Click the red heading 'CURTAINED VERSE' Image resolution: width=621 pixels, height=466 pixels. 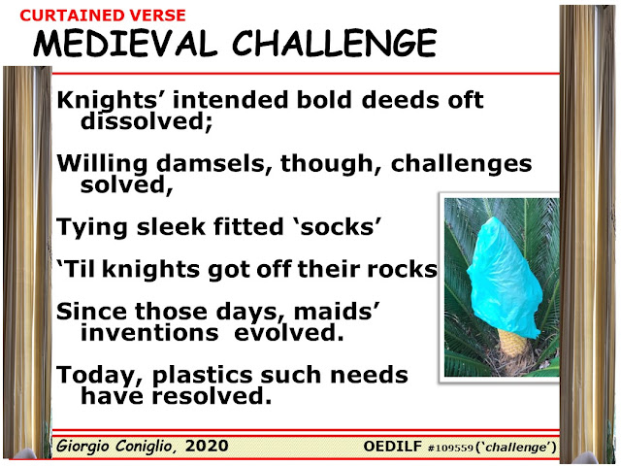[103, 16]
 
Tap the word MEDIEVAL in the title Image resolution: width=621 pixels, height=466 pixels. [125, 43]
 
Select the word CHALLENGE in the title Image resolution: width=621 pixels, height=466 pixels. [334, 43]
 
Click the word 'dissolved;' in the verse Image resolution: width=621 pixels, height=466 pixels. [147, 120]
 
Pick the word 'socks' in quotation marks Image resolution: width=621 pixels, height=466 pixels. [337, 226]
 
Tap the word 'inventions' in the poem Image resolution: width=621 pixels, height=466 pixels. [149, 332]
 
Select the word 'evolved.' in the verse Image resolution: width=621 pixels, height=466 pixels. [288, 332]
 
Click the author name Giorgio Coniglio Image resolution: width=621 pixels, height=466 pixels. [114, 447]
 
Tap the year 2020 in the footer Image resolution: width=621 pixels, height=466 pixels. [207, 446]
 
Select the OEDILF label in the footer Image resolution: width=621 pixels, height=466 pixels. [392, 447]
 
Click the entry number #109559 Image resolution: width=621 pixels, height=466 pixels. [450, 448]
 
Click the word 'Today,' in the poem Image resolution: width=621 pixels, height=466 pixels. [100, 376]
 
